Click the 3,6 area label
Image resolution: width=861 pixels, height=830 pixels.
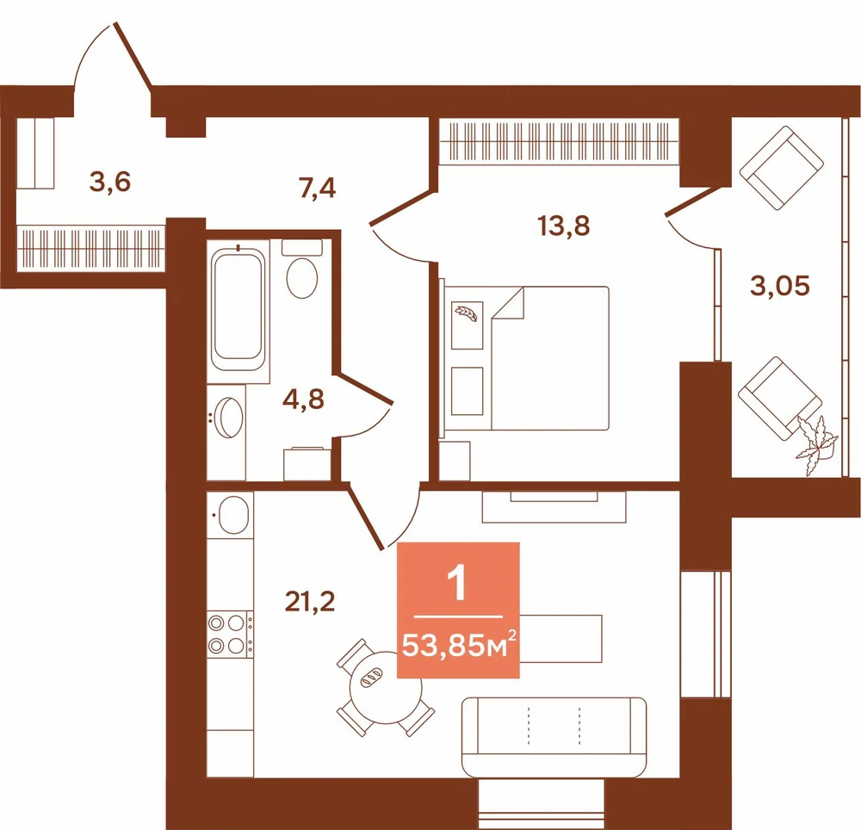[110, 182]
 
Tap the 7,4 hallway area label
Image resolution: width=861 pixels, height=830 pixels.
[317, 188]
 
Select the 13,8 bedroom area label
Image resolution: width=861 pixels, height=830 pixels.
[564, 226]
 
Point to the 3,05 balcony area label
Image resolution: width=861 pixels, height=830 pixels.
[780, 286]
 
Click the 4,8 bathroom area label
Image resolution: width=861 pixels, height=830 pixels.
[303, 400]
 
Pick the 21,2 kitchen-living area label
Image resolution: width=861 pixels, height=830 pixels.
[310, 602]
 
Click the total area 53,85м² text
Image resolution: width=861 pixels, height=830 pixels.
[459, 645]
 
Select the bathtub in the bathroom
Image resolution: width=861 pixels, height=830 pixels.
[238, 310]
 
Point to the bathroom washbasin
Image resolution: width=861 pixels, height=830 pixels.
[228, 418]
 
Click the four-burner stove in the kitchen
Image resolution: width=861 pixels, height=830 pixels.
[230, 634]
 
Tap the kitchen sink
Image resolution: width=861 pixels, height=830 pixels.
[232, 515]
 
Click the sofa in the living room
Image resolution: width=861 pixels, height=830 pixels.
[554, 737]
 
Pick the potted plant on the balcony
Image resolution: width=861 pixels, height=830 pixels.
[816, 444]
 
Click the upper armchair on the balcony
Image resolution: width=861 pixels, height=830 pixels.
[781, 167]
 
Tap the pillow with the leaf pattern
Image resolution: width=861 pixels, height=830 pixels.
[467, 325]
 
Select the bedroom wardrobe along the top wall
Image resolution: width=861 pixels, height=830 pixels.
[559, 140]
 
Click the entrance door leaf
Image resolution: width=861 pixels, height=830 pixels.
[133, 54]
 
